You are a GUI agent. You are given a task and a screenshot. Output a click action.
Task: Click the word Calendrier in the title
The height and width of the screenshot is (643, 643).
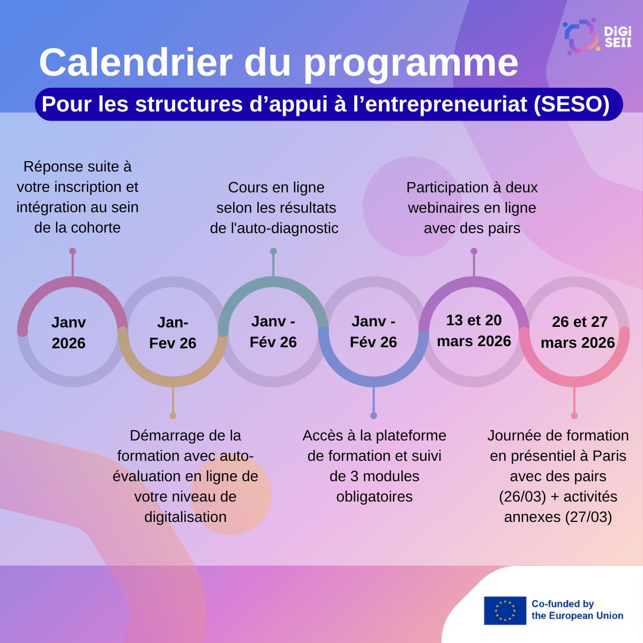136,63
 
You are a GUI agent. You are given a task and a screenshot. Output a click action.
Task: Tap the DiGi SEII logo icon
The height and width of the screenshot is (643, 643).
581,36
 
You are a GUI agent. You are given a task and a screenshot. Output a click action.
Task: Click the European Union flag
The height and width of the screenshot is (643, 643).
505,611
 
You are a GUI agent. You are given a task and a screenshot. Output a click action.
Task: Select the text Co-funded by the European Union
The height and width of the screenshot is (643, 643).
577,610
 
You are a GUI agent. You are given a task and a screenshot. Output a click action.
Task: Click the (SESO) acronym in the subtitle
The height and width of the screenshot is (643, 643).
571,104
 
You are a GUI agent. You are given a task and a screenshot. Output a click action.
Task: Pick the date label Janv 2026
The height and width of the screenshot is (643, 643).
69,333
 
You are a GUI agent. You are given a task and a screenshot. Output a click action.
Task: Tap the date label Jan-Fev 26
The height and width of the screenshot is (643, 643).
173,333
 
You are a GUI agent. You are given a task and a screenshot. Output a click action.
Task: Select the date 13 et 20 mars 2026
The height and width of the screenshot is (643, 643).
474,331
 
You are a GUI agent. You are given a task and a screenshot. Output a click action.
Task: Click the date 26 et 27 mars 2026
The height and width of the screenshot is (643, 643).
578,332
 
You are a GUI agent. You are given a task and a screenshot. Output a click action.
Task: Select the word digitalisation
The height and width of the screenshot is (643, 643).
185,517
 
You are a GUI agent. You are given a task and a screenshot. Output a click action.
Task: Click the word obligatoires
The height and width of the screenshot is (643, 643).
375,497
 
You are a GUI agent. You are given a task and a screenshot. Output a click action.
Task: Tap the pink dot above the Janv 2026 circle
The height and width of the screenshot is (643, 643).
73,251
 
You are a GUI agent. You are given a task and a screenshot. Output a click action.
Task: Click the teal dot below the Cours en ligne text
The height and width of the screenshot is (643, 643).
273,251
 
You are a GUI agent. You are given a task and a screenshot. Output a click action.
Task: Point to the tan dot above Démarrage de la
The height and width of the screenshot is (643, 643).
173,415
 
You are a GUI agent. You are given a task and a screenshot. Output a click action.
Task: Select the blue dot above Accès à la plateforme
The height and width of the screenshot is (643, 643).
373,415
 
